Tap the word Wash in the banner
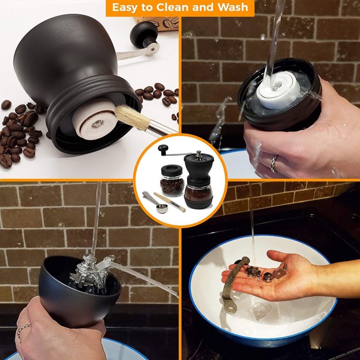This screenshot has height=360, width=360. (233, 7)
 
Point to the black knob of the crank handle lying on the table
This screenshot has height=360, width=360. (143, 32)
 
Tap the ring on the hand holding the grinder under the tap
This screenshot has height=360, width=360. (274, 163)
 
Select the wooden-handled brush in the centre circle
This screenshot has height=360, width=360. (169, 202)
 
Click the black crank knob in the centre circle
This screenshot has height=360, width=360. (163, 150)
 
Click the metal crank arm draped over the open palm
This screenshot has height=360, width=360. (233, 285)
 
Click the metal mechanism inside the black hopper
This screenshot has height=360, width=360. (90, 272)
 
